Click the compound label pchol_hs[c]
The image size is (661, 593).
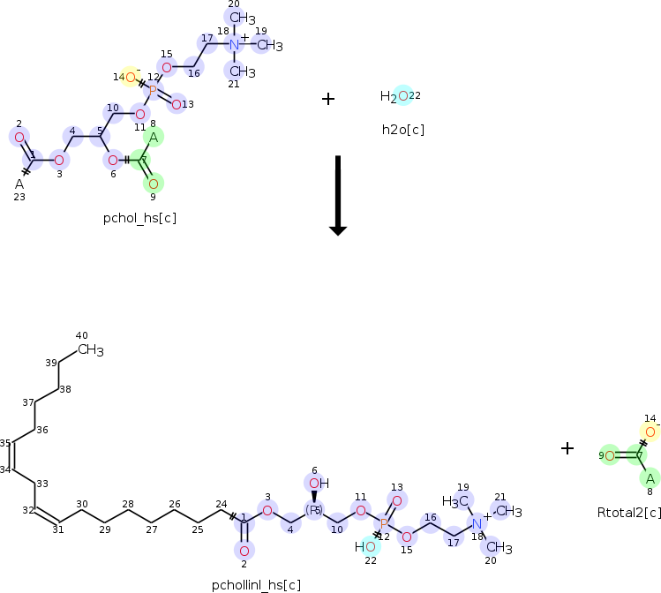[x=139, y=218]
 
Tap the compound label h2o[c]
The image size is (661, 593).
[x=402, y=129]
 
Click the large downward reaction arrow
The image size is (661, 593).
[x=337, y=196]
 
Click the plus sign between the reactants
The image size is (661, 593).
[x=328, y=99]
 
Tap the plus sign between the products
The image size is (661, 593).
[x=567, y=448]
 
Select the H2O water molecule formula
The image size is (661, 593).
[x=394, y=96]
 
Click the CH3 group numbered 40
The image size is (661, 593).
[x=90, y=350]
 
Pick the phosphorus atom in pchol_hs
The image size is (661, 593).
[x=152, y=90]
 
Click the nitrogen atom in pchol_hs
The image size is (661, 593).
[x=234, y=44]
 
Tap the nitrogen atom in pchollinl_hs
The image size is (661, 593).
[x=477, y=523]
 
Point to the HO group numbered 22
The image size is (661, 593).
[x=366, y=546]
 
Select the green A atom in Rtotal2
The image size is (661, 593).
[x=650, y=478]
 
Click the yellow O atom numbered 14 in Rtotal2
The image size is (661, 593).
[x=650, y=432]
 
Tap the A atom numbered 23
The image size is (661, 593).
[x=19, y=184]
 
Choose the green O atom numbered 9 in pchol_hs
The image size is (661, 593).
[x=153, y=183]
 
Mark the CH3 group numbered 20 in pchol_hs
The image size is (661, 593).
[x=240, y=18]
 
